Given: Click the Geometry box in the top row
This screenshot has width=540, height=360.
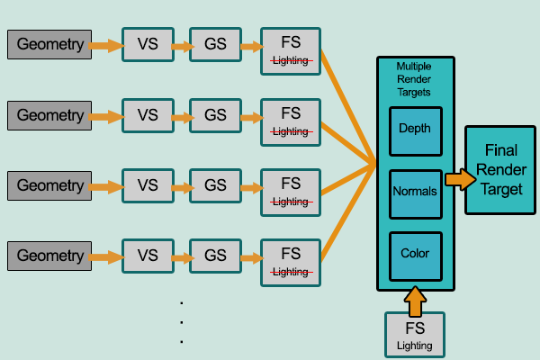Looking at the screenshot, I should coord(49,44).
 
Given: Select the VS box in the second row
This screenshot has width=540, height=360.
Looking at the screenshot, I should coord(148,115).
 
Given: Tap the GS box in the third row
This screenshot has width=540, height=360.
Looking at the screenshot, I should coord(215,185).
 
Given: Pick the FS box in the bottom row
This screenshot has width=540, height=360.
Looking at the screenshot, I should coord(291,260).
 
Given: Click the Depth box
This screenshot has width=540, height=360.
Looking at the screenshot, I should coord(415,129).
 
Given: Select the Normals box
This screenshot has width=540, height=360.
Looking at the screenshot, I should coord(415,193).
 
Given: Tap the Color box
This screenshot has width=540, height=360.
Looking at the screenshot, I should coord(415,254).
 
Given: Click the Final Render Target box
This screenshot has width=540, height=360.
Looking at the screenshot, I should coord(501,169).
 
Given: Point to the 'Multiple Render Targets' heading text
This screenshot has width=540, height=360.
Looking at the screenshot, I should coord(414,80).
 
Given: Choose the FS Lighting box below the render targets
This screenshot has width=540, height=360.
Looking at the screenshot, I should coord(415,333).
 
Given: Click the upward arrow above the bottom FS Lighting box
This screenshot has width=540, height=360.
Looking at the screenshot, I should coord(415,300).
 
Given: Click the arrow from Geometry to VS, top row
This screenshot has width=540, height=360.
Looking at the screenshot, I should coord(106,44).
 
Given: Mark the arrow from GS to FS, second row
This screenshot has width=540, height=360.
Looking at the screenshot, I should coord(249,115).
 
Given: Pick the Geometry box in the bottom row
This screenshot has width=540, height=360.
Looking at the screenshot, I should coord(49,256).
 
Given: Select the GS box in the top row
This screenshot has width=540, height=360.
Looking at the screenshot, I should coord(215,44).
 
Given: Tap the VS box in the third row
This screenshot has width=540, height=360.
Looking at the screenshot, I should coord(148,185).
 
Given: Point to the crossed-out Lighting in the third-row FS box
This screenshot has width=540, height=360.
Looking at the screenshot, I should coord(291,201).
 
